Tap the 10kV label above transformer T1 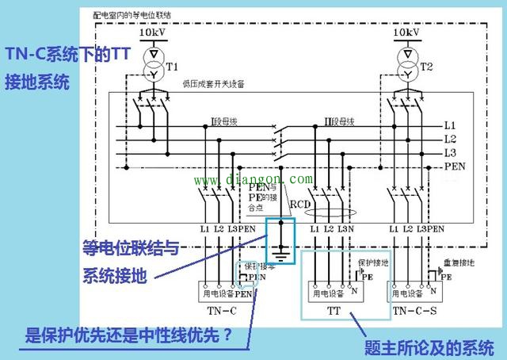154,33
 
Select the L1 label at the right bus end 450,125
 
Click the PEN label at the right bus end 454,167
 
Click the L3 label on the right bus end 450,152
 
